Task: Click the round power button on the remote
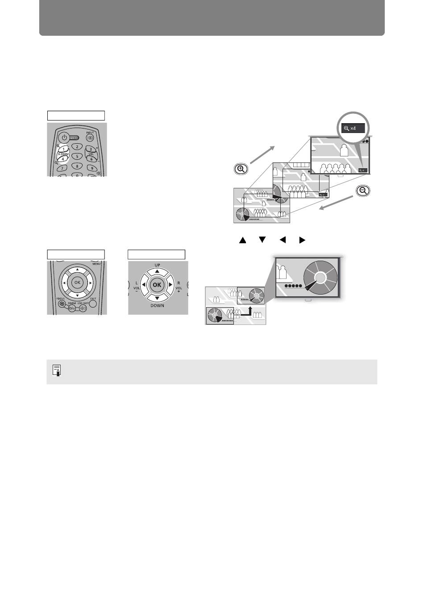click(x=64, y=137)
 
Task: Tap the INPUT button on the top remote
click(x=90, y=138)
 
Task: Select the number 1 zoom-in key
click(x=64, y=149)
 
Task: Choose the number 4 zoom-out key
click(x=63, y=158)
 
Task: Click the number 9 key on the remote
click(x=91, y=168)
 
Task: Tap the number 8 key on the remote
click(x=77, y=166)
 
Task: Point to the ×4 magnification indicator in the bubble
click(x=353, y=128)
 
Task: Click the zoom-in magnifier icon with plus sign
click(x=241, y=169)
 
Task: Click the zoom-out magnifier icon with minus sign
click(x=363, y=191)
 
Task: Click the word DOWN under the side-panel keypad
click(x=157, y=306)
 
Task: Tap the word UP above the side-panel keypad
click(x=157, y=265)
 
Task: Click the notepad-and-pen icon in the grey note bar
click(x=57, y=371)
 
